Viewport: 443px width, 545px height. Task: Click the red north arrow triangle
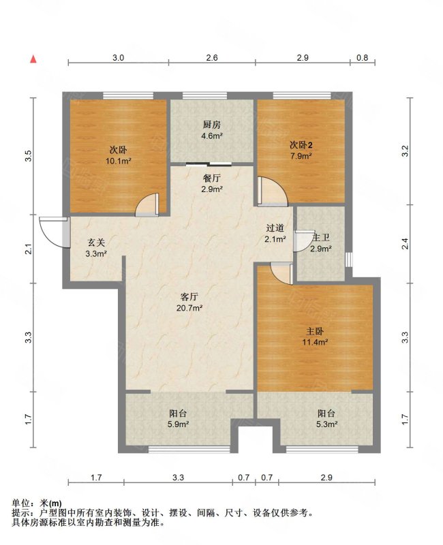pyautogui.click(x=33, y=59)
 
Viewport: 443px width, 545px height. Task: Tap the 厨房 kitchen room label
pyautogui.click(x=212, y=125)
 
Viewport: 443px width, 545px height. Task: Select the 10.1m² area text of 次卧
pyautogui.click(x=119, y=161)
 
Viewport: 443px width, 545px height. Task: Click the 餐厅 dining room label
pyautogui.click(x=212, y=178)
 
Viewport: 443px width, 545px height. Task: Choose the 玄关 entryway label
pyautogui.click(x=95, y=243)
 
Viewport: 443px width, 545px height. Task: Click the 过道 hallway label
pyautogui.click(x=275, y=228)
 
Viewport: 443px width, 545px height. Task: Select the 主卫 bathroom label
pyautogui.click(x=320, y=238)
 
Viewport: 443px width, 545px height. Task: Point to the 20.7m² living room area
pyautogui.click(x=189, y=308)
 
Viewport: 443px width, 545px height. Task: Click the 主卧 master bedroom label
pyautogui.click(x=315, y=331)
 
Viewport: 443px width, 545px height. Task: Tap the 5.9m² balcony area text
pyautogui.click(x=179, y=424)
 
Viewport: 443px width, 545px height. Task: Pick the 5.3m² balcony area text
pyautogui.click(x=326, y=424)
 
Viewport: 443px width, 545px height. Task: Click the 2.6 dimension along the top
pyautogui.click(x=212, y=58)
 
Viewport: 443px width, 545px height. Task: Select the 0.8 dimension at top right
pyautogui.click(x=363, y=58)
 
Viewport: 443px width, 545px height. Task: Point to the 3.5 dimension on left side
pyautogui.click(x=29, y=155)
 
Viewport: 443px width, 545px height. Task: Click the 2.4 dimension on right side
pyautogui.click(x=405, y=244)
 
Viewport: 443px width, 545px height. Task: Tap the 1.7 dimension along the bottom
pyautogui.click(x=95, y=478)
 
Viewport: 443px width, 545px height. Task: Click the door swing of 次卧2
pyautogui.click(x=273, y=191)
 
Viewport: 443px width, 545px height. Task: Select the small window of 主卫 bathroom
pyautogui.click(x=349, y=260)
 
